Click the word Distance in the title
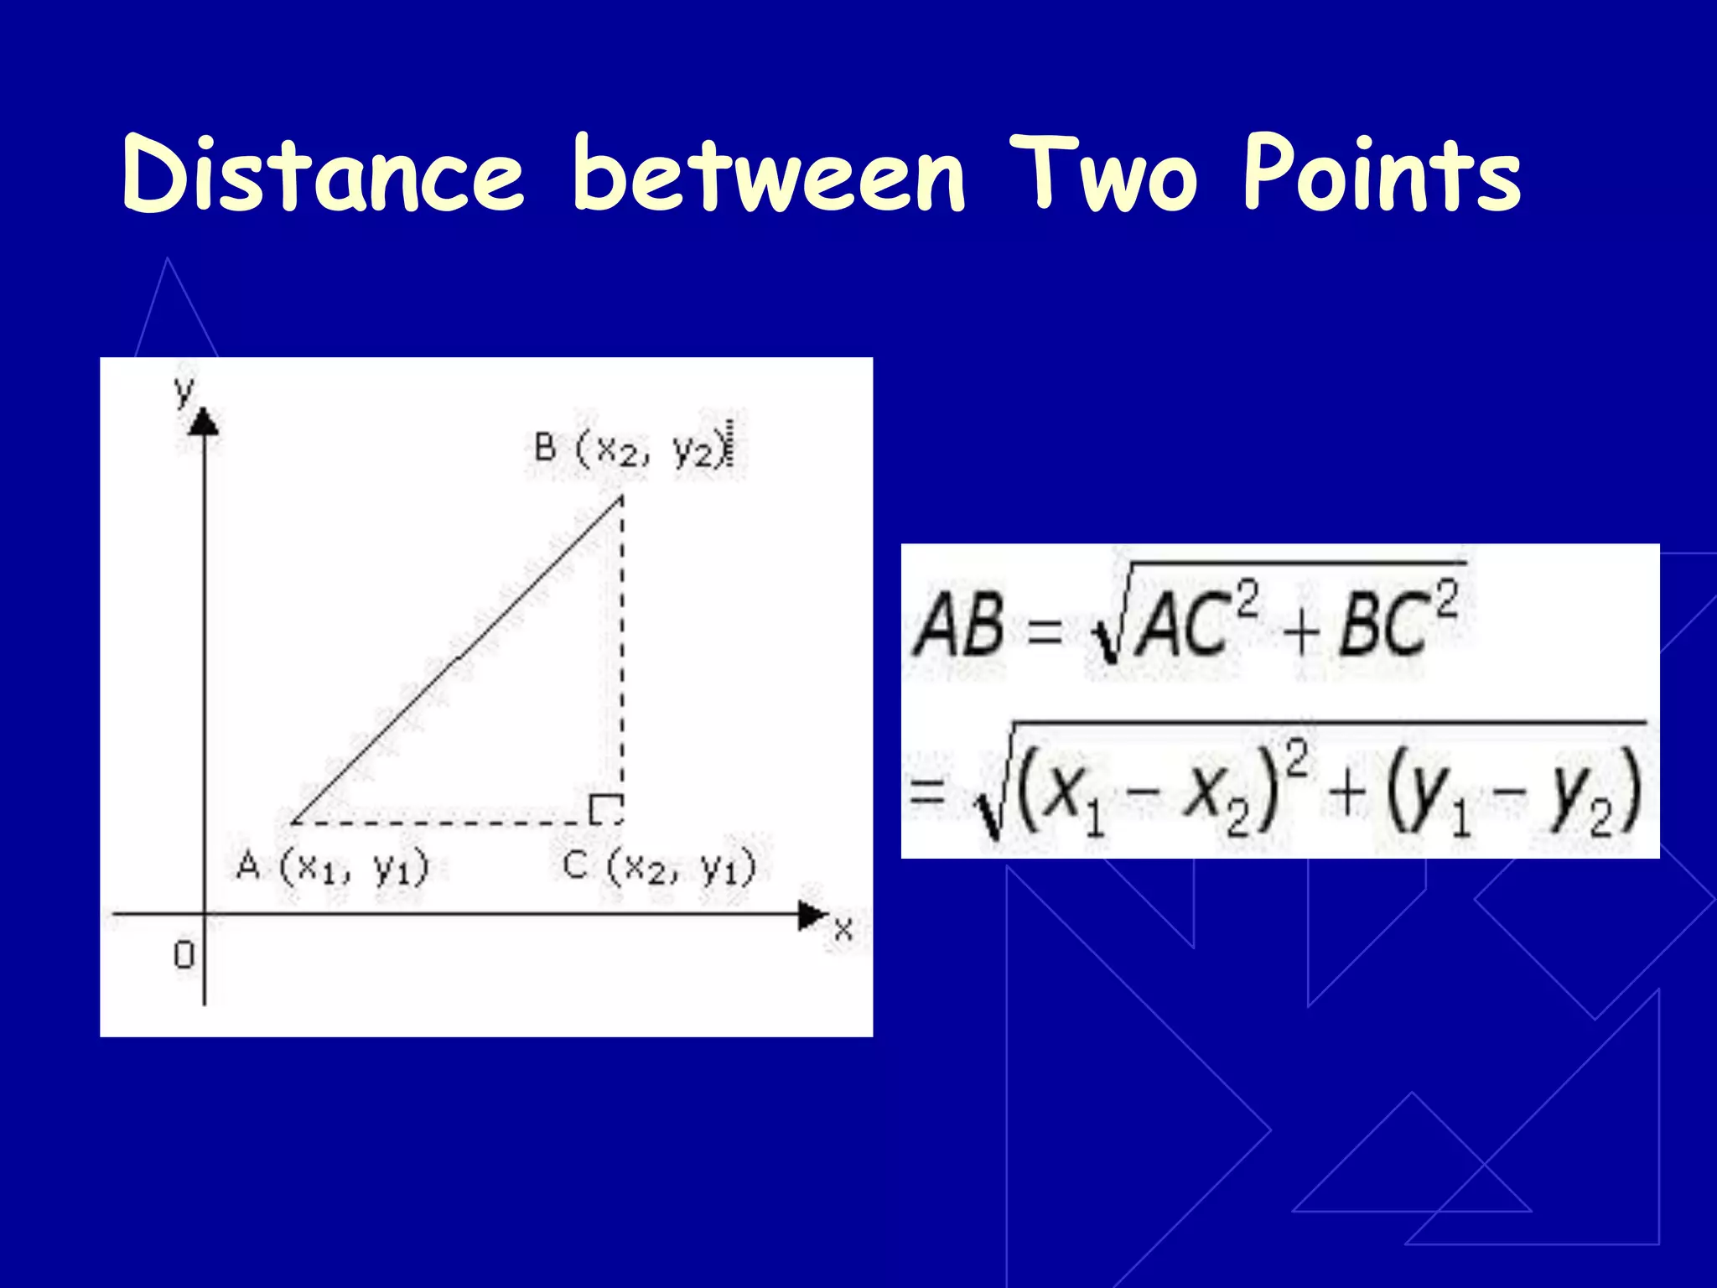323,174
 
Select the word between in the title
769,174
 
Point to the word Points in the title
1382,174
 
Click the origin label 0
184,954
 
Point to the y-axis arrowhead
204,421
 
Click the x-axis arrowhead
812,914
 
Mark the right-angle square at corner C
605,809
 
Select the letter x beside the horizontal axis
843,929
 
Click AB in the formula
959,625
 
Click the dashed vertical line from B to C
621,654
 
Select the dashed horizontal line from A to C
444,823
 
